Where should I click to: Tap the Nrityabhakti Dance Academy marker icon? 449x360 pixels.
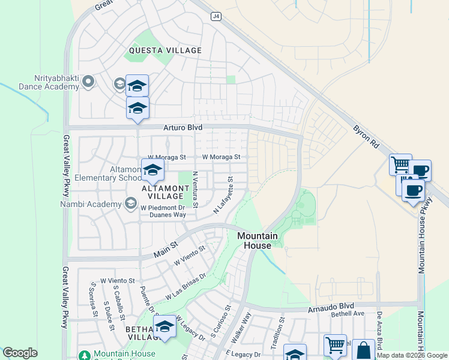tap(89, 81)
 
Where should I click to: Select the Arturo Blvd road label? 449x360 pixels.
tap(182, 128)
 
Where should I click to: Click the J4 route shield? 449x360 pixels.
tap(215, 17)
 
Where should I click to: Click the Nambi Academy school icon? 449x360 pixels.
tap(130, 204)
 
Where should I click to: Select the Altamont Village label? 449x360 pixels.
tap(161, 192)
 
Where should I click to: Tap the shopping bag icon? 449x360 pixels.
tap(363, 350)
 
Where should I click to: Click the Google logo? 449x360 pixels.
tap(20, 353)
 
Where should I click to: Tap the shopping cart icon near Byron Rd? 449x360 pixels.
tap(400, 164)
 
